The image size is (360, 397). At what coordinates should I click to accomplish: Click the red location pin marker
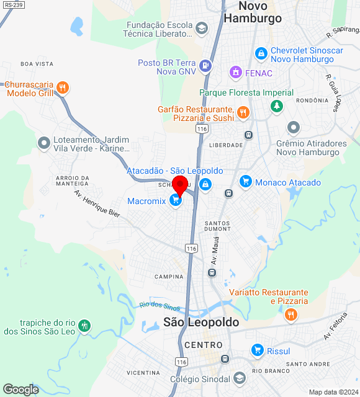coord(181,184)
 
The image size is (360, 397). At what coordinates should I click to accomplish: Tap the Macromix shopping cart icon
coord(176,200)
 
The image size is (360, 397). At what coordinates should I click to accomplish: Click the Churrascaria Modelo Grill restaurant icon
coord(62,87)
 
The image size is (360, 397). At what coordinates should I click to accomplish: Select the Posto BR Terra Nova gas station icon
coord(205,64)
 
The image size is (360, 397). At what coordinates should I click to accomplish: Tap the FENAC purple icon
coord(235,73)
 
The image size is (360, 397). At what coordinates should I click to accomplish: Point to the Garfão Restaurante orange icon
coord(243,113)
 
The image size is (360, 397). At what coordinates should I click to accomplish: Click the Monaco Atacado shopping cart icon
coord(246,182)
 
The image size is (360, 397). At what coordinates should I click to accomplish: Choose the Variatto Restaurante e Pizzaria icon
coord(290,314)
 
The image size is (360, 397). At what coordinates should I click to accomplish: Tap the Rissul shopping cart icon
coord(257,351)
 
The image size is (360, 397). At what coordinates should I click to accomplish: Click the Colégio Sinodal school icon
coord(240,378)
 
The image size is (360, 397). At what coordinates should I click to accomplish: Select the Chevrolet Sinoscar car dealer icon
coord(261,54)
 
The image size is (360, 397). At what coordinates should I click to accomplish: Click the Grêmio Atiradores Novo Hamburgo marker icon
coord(294,128)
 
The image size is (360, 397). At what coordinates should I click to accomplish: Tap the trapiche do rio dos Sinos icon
coord(85,326)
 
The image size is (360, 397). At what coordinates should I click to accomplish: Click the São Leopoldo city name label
coord(200,322)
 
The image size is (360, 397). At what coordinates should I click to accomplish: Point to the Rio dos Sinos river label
coord(160,306)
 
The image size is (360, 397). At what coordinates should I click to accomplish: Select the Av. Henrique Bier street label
coord(97,203)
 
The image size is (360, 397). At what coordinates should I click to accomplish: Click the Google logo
coord(20,390)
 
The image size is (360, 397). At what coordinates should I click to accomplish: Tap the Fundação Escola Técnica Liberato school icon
coord(202,29)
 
